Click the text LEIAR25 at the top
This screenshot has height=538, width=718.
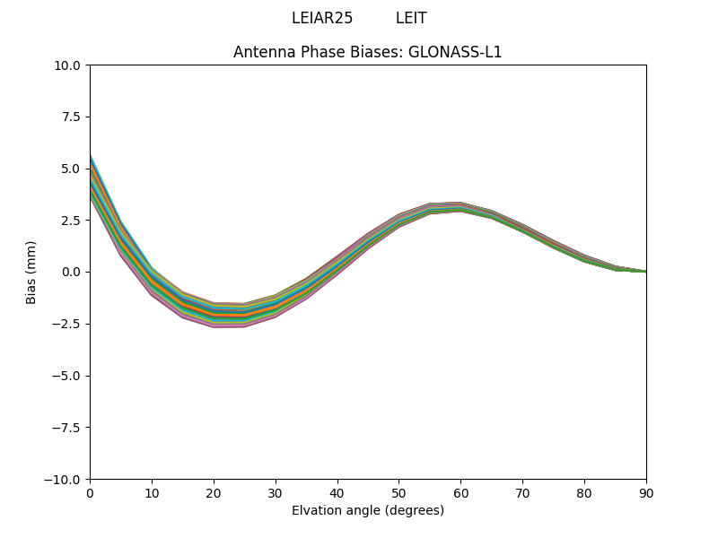[x=322, y=19]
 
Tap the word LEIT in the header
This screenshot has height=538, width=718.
[x=411, y=19]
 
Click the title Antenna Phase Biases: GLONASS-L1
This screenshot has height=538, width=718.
[x=368, y=52]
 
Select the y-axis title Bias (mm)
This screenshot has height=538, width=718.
[x=31, y=272]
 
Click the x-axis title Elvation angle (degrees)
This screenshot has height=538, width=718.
[x=368, y=510]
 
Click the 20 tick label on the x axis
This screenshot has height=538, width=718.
[x=214, y=492]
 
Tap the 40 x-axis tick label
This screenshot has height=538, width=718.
[x=337, y=492]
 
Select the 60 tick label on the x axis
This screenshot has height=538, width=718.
[x=460, y=492]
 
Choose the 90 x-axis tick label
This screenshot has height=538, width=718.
[x=646, y=492]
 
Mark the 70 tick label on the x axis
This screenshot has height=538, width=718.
[x=522, y=492]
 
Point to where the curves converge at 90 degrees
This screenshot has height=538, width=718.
[x=645, y=271]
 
